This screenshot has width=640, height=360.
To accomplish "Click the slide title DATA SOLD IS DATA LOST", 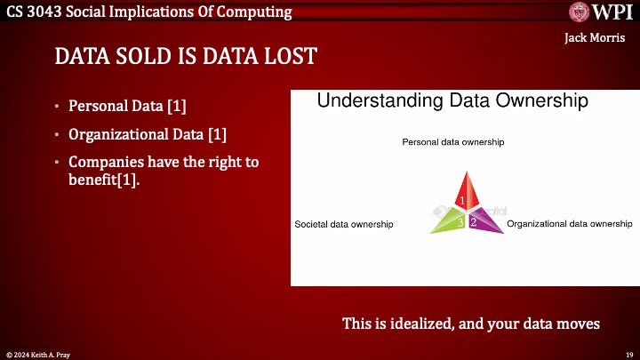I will (186, 57).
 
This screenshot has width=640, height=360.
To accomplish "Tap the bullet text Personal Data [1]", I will (128, 107).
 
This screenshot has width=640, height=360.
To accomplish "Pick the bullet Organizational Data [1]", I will (148, 135).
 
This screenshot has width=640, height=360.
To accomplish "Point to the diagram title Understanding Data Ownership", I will (452, 101).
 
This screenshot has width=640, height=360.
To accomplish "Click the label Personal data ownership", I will (453, 142).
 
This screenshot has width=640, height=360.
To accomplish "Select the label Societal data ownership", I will (344, 225).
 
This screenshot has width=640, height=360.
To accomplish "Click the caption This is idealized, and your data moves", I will (471, 324).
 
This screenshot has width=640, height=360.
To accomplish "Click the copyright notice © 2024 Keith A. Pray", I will (37, 354).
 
